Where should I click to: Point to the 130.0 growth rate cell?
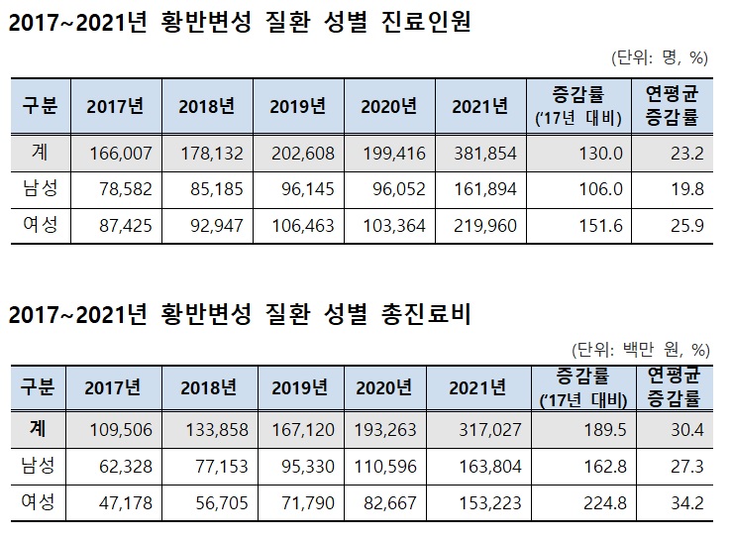tap(600, 154)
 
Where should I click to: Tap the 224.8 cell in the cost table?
tap(600, 501)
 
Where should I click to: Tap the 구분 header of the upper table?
tap(39, 105)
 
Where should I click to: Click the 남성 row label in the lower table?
tap(39, 466)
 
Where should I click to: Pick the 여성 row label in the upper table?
tap(39, 225)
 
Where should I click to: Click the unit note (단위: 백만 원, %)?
tap(640, 349)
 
